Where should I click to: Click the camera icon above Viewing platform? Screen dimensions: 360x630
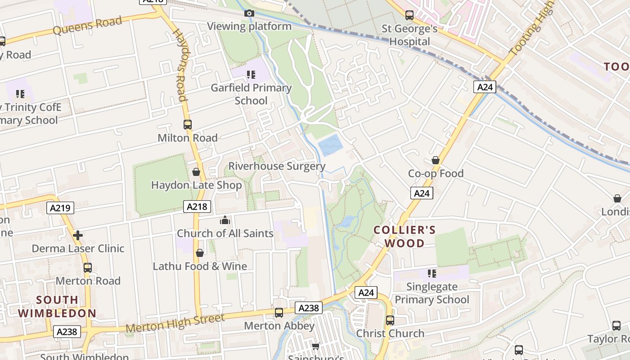point(249,13)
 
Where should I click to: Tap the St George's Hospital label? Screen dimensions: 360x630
point(409,35)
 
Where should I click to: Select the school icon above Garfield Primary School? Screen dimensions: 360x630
point(251,74)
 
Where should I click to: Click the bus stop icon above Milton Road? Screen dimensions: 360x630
point(188,125)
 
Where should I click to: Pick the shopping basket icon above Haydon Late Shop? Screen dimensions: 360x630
point(196,172)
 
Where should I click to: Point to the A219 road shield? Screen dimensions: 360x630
point(60,207)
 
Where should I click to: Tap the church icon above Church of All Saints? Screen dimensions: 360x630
point(225,220)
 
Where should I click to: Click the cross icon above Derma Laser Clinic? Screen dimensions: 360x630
point(78,235)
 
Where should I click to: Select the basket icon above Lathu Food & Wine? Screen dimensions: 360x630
point(200,253)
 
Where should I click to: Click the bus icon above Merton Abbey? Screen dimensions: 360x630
point(279,313)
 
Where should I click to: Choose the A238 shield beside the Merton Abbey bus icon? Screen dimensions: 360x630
point(309,308)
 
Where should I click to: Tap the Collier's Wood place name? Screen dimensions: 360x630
point(405,237)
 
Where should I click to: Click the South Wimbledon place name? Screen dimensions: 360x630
point(57,306)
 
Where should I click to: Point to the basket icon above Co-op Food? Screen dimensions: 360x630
point(436,160)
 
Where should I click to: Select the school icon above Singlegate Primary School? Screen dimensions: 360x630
point(432,273)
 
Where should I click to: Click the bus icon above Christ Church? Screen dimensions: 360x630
point(390,320)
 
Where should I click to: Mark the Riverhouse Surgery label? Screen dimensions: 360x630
point(277,166)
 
